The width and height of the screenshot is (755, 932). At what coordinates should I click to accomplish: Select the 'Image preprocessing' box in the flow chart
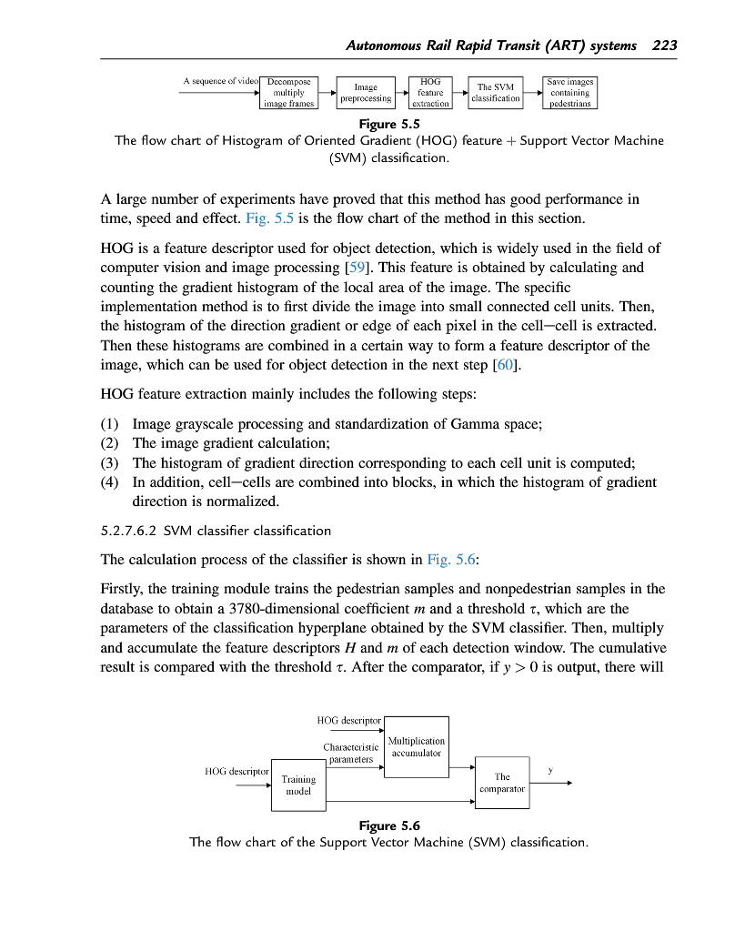coord(366,92)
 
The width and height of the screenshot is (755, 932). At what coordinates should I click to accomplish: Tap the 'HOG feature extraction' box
coord(430,92)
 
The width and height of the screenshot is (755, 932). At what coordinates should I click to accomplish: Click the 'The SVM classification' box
coord(496,92)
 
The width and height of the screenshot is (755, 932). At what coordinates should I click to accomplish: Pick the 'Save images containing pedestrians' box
coord(570,92)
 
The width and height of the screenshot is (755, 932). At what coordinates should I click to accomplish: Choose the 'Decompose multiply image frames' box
coord(288,92)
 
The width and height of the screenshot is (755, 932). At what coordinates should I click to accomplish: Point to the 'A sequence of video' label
coord(221,81)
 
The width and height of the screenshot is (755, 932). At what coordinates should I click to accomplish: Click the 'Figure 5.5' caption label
coord(388,124)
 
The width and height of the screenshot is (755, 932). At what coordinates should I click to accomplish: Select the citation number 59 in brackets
coord(354,267)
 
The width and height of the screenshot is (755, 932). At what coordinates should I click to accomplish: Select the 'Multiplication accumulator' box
coord(417,747)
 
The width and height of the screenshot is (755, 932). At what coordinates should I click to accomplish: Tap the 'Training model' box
coord(298,785)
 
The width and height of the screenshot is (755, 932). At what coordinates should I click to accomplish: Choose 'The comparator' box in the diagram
coord(502,782)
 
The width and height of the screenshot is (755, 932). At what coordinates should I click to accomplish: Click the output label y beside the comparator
coord(549,771)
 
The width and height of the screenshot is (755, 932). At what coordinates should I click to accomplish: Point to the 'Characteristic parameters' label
coord(350,753)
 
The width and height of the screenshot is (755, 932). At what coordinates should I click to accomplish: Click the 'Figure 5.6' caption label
coord(388,826)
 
